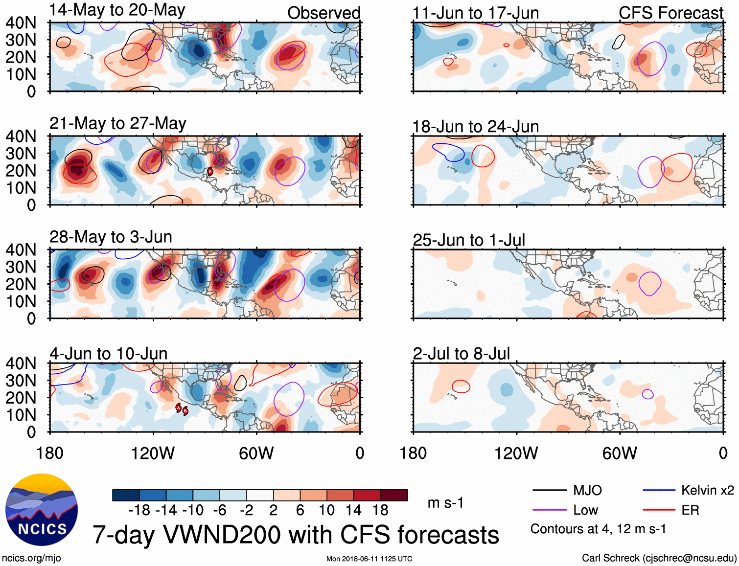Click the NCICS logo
42,509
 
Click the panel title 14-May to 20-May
117,10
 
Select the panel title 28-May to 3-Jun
111,237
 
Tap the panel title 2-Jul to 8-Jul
461,354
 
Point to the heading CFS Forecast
670,13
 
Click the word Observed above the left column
323,13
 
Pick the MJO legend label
587,490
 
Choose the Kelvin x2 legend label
707,490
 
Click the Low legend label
585,510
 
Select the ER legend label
690,510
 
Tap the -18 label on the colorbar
139,510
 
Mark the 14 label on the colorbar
353,510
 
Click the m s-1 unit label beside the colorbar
445,503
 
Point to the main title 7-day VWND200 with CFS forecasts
296,535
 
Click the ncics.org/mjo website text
31,558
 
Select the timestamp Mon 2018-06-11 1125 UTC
369,559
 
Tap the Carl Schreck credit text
659,558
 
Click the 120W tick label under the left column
153,453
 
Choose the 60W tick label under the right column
620,453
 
